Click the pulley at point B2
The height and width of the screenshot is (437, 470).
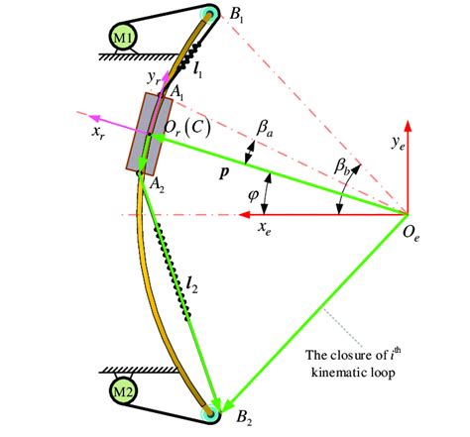tap(208, 412)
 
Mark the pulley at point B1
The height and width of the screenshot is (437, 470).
tap(209, 14)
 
